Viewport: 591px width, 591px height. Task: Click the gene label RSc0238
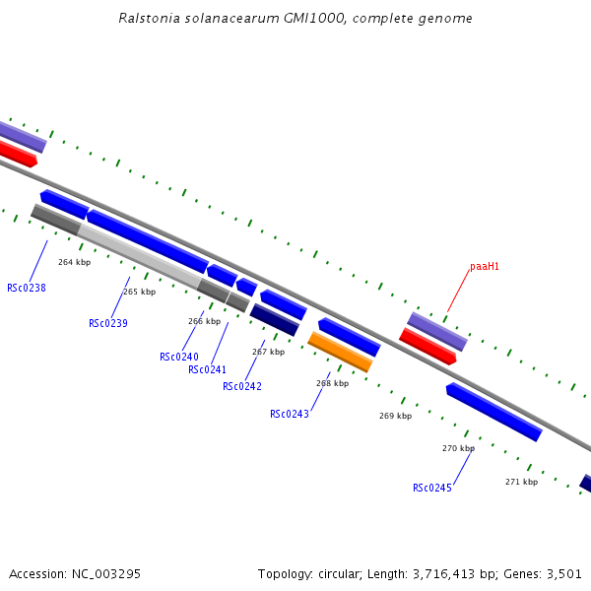pos(27,289)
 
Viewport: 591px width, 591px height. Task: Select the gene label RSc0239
pos(108,324)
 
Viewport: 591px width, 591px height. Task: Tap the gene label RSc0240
pos(179,358)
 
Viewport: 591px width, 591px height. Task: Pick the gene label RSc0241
pos(208,370)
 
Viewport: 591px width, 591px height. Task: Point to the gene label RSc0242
pos(242,387)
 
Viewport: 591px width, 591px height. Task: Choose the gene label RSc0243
pos(290,415)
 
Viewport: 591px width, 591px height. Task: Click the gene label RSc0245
pos(432,489)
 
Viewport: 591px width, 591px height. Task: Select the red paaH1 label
pos(485,266)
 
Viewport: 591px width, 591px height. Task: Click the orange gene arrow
pos(340,352)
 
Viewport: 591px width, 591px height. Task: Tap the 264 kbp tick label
pos(74,263)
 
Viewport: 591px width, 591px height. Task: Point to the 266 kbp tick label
pos(205,321)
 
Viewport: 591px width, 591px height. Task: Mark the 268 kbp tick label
pos(332,383)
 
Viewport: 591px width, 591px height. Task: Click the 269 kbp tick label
pos(395,416)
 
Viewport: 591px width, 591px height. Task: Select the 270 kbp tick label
pos(458,448)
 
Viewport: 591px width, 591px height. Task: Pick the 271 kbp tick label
pos(521,482)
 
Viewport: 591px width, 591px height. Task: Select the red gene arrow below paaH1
pos(427,346)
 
